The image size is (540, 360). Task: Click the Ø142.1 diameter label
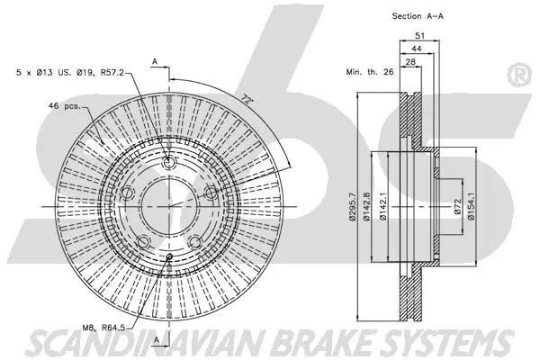tap(394, 210)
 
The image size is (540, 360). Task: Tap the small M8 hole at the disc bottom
tap(169, 257)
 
